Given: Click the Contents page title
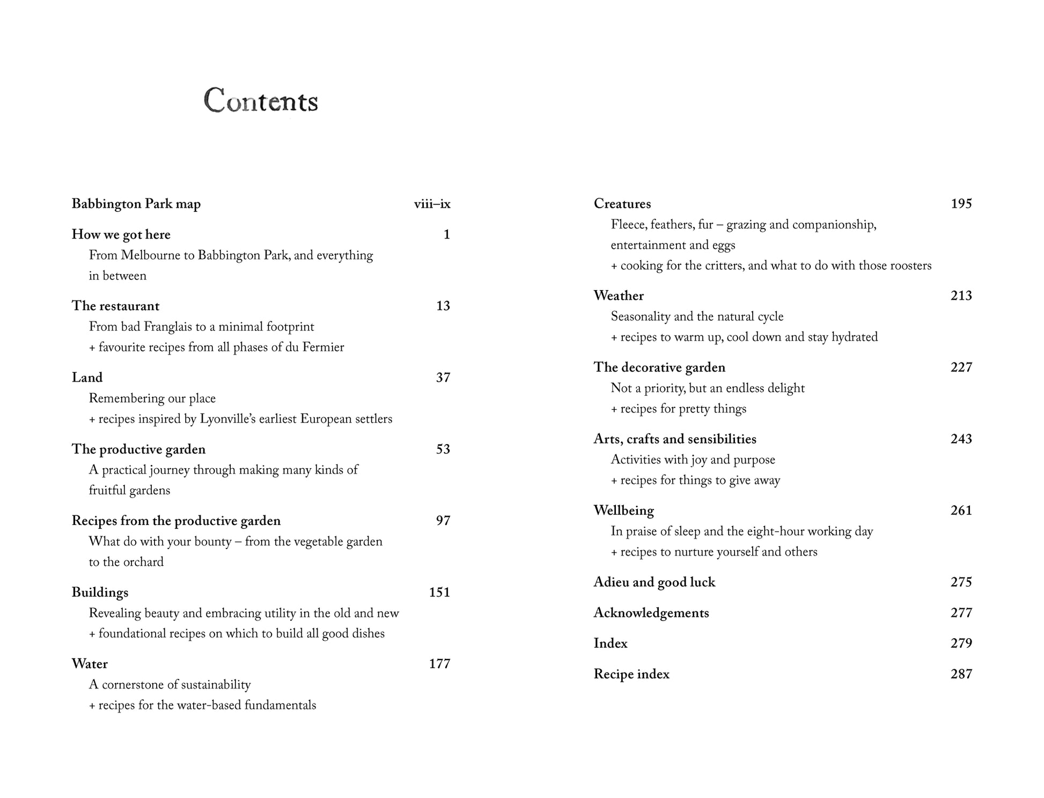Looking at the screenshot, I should click(261, 100).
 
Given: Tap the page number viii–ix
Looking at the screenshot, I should click(432, 204).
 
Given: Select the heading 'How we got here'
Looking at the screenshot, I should click(121, 235).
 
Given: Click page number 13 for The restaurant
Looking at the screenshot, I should click(443, 306).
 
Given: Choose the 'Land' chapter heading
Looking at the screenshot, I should click(87, 378).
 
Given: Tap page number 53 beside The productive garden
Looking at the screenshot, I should click(443, 449).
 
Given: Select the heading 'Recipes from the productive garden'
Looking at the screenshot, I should click(176, 521).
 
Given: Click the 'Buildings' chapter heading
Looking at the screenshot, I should click(100, 593).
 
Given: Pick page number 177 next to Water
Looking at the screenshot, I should click(439, 664).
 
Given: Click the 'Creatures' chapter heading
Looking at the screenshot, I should click(622, 204).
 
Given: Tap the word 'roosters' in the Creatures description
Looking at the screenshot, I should click(910, 266).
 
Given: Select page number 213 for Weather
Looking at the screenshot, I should click(961, 296).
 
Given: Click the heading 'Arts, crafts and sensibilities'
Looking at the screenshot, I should click(674, 439).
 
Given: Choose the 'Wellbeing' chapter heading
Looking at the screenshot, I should click(623, 511).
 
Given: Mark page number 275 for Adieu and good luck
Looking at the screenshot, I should click(961, 582).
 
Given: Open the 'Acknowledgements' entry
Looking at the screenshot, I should click(651, 613).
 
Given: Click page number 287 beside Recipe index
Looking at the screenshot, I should click(961, 674).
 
